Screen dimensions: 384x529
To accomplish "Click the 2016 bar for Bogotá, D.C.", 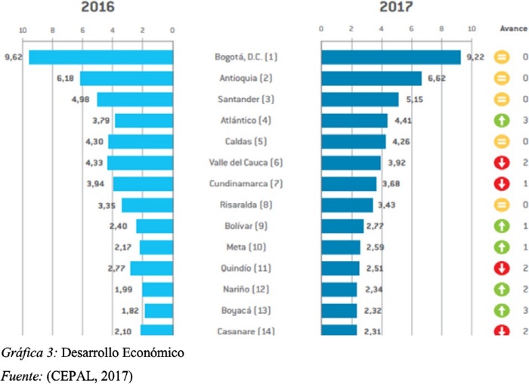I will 101,57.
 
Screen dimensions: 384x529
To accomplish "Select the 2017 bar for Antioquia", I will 371,78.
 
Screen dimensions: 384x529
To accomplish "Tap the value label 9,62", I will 13,57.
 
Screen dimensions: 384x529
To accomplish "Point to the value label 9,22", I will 474,57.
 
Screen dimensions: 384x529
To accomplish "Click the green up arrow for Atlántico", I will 500,120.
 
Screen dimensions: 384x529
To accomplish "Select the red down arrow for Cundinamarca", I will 500,183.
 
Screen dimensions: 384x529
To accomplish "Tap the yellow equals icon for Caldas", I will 500,141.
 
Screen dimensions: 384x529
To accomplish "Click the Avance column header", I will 513,29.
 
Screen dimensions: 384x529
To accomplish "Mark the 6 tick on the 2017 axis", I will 412,30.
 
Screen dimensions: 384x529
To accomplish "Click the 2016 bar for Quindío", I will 152,269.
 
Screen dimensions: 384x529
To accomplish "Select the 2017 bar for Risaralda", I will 347,205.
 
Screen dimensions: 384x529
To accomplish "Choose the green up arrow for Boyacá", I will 500,311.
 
